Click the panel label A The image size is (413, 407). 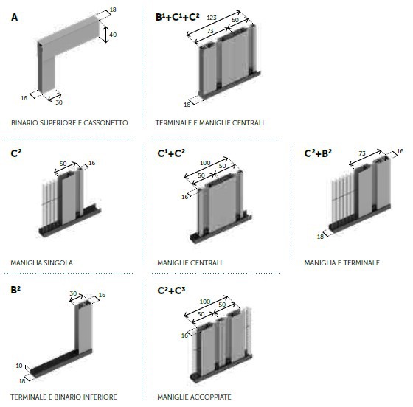pos(14,18)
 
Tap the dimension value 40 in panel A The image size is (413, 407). pos(113,35)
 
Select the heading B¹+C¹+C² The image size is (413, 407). pos(178,17)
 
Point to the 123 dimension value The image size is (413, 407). pos(212,18)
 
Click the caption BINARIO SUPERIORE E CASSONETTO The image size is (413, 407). pos(69,122)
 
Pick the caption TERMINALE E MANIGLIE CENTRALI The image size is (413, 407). pos(209,122)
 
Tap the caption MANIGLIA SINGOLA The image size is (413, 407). pos(41,262)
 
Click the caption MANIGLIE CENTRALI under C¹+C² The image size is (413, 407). pos(190,262)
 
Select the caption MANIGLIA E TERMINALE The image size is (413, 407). pos(342,262)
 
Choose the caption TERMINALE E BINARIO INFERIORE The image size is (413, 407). pos(63,397)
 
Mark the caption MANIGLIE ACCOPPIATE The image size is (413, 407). pos(194,397)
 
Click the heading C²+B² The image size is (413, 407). pos(318,153)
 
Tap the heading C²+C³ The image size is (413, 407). pos(171,291)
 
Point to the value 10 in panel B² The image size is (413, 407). pos(19,366)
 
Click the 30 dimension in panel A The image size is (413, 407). pos(59,102)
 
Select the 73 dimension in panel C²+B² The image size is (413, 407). pos(362,153)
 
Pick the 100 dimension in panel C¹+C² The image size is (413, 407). pos(205,163)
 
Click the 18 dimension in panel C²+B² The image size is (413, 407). pos(320,237)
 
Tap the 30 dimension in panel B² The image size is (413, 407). pos(73,293)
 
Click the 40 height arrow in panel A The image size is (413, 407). pos(105,34)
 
